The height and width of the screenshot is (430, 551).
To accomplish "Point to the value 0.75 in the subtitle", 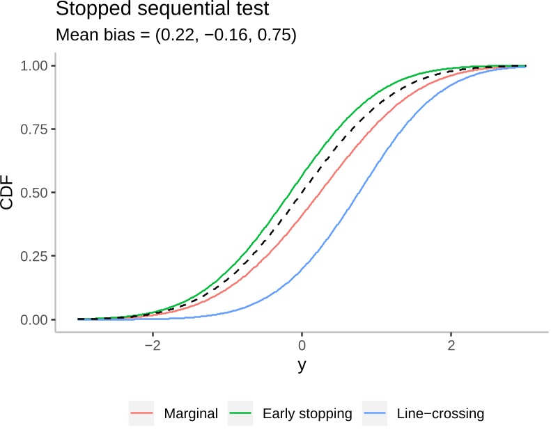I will point(278,35).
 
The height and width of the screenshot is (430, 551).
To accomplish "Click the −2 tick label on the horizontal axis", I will point(152,346).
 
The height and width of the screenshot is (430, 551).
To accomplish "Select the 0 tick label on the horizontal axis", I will point(302,346).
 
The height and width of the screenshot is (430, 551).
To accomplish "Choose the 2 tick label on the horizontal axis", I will point(451,346).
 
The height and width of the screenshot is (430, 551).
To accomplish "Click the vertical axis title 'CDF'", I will point(8,192).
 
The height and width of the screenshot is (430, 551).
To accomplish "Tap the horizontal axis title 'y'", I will point(302,366).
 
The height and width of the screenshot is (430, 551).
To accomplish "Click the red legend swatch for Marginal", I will point(141,414).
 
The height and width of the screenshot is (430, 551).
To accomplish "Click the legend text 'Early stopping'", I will point(307,414).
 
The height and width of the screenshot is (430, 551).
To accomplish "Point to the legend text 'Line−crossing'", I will point(440,414).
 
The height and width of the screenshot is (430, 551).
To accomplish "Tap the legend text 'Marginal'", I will point(191,414).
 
